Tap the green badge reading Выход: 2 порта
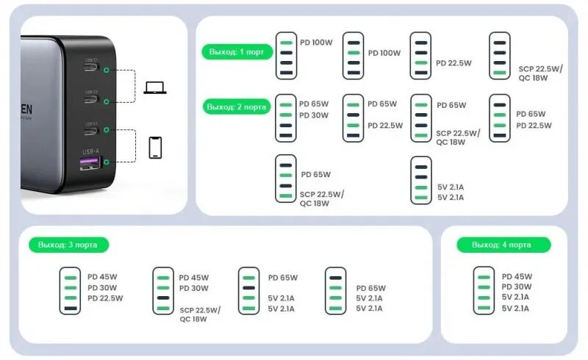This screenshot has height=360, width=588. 235,107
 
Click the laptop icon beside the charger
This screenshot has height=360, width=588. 155,87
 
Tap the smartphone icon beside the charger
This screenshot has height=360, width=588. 155,147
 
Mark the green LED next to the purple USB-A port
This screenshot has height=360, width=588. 107,162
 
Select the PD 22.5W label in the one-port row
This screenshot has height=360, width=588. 453,63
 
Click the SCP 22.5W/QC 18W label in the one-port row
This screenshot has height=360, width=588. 540,72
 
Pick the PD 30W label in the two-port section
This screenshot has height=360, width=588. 314,115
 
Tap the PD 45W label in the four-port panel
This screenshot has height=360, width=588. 517,276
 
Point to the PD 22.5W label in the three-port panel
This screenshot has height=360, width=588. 105,298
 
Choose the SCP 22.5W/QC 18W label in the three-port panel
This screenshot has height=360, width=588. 200,314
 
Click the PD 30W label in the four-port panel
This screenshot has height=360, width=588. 517,287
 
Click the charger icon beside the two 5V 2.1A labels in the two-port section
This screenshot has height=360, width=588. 420,179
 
